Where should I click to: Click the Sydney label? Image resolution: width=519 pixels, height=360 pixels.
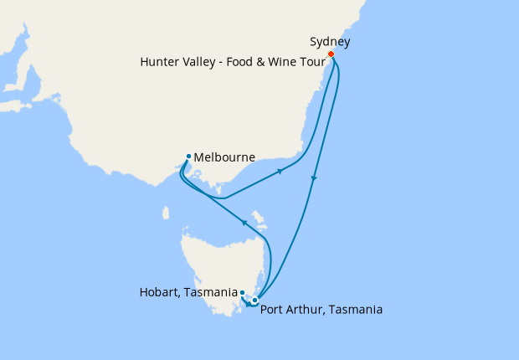330,40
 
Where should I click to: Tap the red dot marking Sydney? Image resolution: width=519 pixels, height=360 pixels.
331,54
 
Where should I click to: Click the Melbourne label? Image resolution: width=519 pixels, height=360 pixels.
224,157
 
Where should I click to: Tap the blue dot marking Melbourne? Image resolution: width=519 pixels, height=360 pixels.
189,156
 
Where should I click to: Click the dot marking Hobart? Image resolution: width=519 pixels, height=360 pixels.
242,292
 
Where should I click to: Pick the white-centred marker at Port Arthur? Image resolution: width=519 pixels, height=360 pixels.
255,300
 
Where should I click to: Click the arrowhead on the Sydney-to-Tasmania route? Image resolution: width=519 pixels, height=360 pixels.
313,178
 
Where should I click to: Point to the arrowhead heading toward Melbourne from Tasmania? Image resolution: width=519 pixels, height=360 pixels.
244,222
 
